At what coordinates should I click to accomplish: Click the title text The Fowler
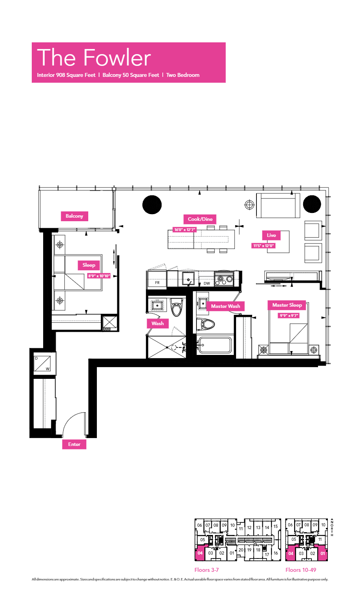[94, 58]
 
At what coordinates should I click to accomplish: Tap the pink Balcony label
[74, 216]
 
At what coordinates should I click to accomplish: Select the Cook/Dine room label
[200, 219]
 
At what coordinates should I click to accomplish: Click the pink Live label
[271, 235]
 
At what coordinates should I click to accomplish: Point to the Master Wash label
[225, 306]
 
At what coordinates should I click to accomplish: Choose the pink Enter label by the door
[74, 444]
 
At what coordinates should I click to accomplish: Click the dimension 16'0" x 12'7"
[184, 230]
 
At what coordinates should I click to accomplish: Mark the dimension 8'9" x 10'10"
[99, 276]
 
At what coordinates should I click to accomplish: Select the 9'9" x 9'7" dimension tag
[289, 315]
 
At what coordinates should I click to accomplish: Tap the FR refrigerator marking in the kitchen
[157, 282]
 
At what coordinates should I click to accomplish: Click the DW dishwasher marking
[207, 283]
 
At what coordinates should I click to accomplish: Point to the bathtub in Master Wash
[215, 345]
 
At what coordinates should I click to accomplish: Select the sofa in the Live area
[278, 206]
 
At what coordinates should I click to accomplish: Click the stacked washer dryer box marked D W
[42, 363]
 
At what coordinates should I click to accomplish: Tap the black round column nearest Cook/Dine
[152, 205]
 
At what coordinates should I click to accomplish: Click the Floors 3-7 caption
[207, 570]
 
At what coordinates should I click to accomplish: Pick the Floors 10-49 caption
[301, 570]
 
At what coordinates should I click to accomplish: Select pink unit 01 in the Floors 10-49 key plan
[322, 553]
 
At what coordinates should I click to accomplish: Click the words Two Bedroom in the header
[183, 75]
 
